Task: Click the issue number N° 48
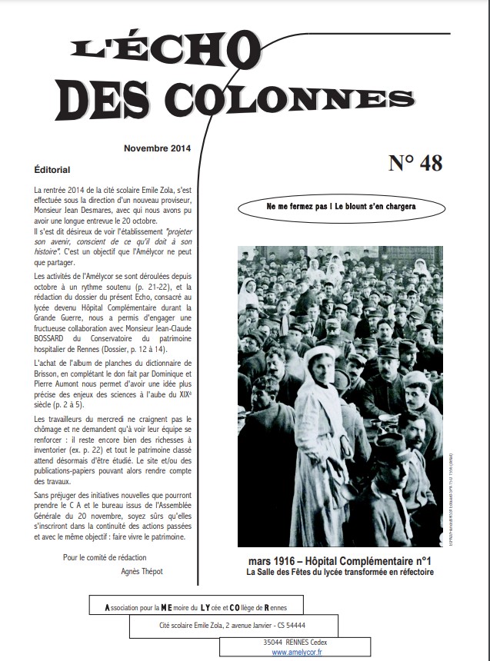tap(415, 163)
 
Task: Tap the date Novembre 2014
tap(157, 149)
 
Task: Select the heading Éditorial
tap(52, 168)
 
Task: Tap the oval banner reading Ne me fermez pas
tap(341, 208)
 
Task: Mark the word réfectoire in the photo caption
tap(412, 573)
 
